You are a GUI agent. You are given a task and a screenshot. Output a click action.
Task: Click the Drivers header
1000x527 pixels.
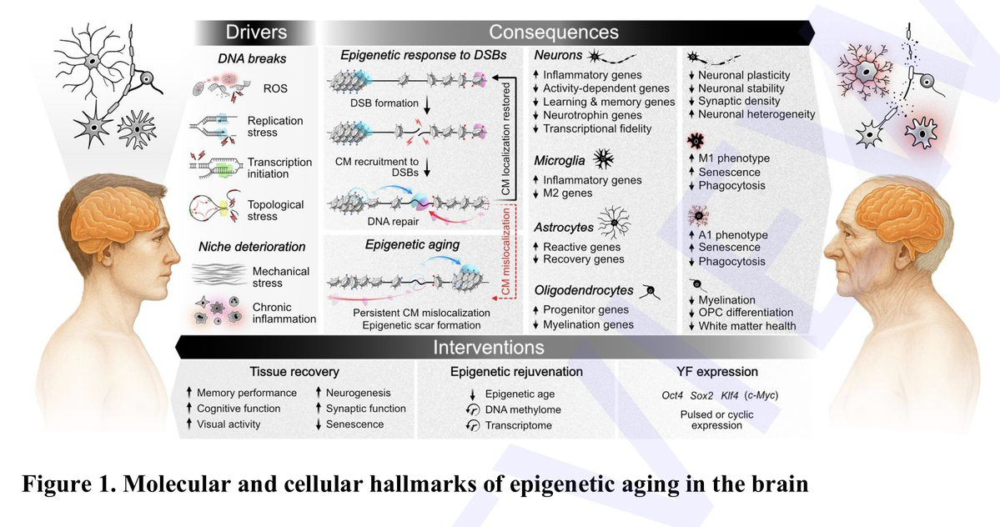pyautogui.click(x=256, y=32)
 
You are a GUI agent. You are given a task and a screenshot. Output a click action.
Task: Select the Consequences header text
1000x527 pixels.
pyautogui.click(x=554, y=32)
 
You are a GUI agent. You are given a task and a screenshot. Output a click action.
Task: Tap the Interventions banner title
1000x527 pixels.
pyautogui.click(x=489, y=347)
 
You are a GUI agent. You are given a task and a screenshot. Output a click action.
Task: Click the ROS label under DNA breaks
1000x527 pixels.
pyautogui.click(x=275, y=88)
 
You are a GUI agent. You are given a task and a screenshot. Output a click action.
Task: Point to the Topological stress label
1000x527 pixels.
pyautogui.click(x=275, y=210)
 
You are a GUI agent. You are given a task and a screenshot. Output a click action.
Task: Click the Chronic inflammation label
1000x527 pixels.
pyautogui.click(x=284, y=313)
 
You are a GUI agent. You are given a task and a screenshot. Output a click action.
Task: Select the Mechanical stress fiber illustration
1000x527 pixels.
pyautogui.click(x=219, y=274)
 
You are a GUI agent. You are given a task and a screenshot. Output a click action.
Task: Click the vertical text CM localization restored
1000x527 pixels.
pyautogui.click(x=505, y=138)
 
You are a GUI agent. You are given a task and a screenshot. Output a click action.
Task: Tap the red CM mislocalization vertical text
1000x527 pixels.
pyautogui.click(x=505, y=252)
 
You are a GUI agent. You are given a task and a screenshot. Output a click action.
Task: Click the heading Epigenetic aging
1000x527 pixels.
pyautogui.click(x=412, y=244)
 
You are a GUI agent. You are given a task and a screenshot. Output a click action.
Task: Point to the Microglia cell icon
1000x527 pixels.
pyautogui.click(x=603, y=158)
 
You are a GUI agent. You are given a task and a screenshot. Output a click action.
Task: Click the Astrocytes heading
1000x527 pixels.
pyautogui.click(x=564, y=227)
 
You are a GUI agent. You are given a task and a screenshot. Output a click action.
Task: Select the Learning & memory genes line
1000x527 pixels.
pyautogui.click(x=608, y=102)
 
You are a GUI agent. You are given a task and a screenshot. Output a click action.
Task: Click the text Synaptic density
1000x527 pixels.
pyautogui.click(x=739, y=101)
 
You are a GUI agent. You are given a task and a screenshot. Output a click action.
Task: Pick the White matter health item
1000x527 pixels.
pyautogui.click(x=746, y=326)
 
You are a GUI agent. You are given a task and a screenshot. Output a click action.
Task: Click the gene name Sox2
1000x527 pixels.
pyautogui.click(x=701, y=396)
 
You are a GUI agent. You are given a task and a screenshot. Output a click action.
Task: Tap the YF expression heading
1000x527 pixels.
pyautogui.click(x=717, y=372)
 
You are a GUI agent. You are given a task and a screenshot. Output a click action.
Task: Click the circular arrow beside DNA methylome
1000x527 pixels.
pyautogui.click(x=473, y=409)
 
